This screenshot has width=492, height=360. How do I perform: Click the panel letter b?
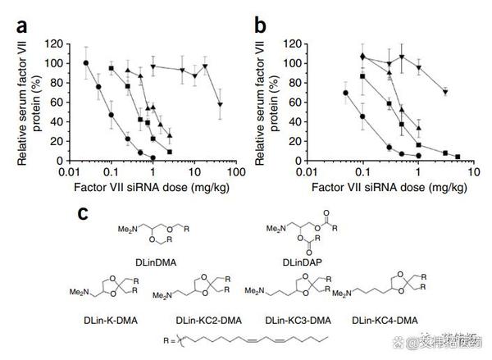[260, 25]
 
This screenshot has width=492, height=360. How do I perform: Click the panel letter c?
[83, 214]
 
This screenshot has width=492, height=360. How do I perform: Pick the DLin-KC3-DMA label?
[298, 318]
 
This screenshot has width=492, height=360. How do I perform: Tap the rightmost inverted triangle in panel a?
[220, 104]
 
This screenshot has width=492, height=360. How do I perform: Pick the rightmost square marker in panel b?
[458, 157]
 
